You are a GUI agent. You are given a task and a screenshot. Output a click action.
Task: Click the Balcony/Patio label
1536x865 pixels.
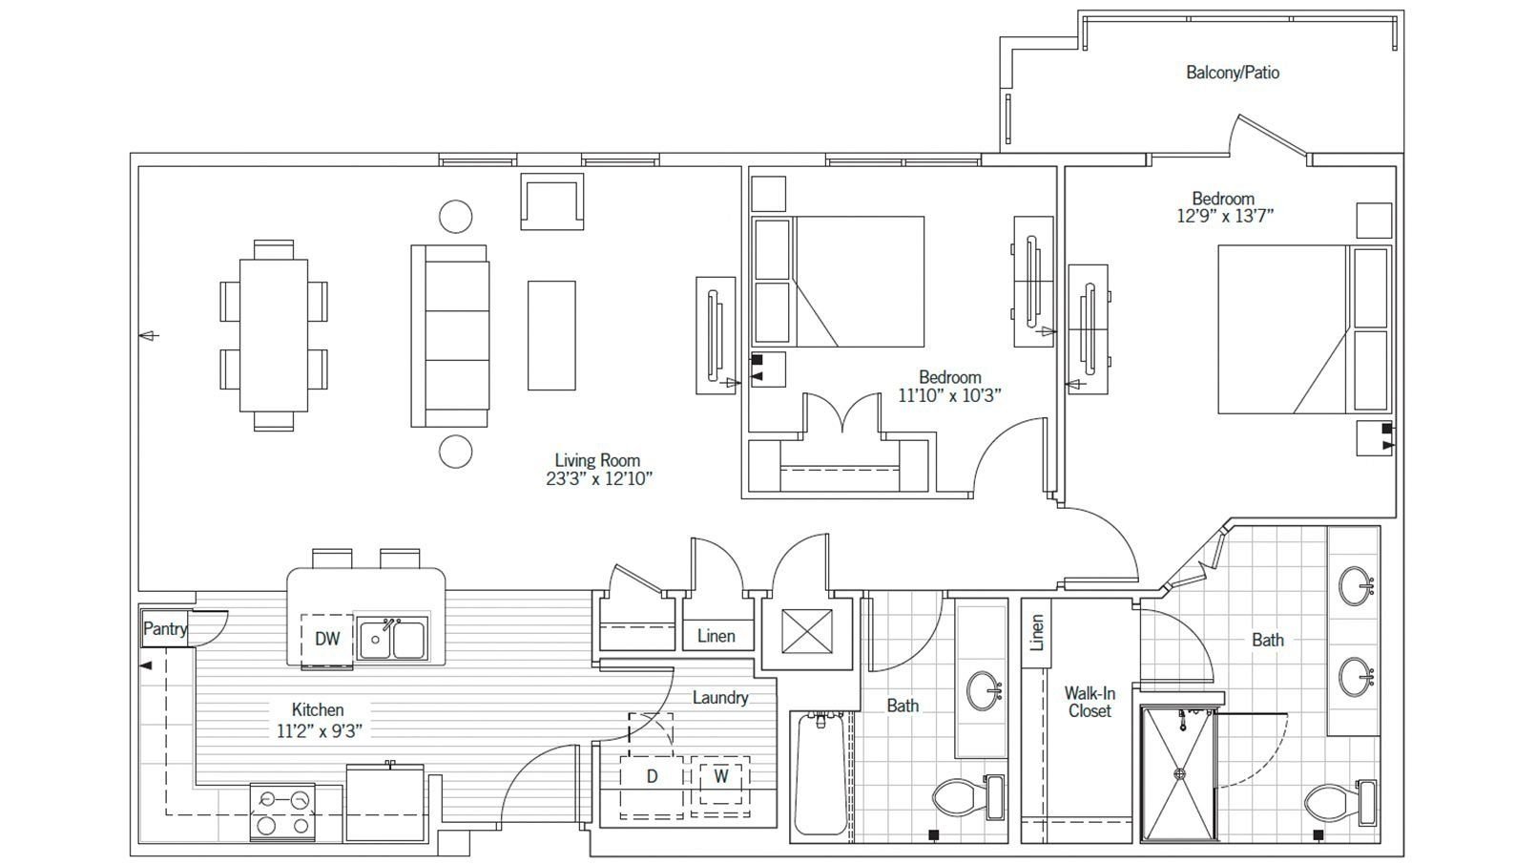(x=1232, y=73)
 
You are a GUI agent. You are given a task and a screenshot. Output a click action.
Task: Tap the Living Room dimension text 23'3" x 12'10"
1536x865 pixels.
(x=598, y=479)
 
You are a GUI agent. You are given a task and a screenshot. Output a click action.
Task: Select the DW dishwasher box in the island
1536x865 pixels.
(x=327, y=639)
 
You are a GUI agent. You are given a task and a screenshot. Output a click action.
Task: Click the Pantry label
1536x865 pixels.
(x=165, y=629)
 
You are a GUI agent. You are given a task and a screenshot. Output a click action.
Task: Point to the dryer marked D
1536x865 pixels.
(x=653, y=776)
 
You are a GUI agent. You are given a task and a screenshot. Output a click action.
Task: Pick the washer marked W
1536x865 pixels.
(x=721, y=776)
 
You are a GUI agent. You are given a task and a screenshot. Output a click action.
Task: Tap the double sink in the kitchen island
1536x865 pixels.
(x=392, y=638)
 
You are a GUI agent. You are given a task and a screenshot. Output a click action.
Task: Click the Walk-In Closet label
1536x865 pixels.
(x=1090, y=702)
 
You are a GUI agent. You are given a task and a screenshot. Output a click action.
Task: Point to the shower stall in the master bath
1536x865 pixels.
(x=1179, y=774)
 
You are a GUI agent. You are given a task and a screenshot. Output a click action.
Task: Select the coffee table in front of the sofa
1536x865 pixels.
(x=551, y=334)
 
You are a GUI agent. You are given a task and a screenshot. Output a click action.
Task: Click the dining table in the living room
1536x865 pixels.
(x=274, y=334)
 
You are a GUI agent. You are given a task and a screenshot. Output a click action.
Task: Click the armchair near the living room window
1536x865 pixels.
(x=551, y=202)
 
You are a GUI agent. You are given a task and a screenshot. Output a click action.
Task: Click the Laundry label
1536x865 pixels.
(x=719, y=698)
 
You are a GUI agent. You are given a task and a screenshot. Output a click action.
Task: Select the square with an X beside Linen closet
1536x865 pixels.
(x=807, y=631)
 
